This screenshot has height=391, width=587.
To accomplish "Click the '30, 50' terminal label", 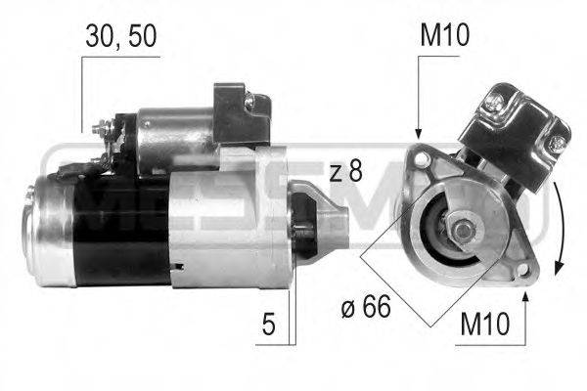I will (x=120, y=36).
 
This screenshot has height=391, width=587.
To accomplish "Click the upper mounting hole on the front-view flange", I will (x=421, y=156).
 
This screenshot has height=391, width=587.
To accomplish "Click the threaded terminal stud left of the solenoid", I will (x=99, y=127).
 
